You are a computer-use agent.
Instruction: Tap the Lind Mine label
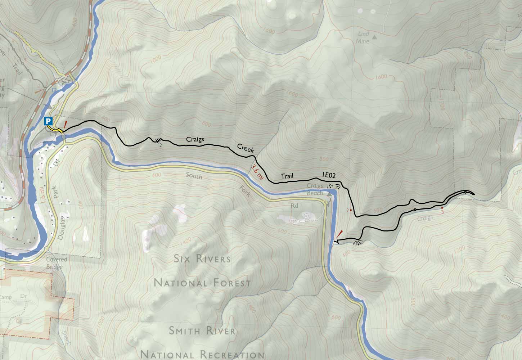click(x=364, y=37)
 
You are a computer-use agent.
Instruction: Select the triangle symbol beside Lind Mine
click(x=375, y=37)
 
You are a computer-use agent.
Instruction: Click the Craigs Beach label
click(x=315, y=189)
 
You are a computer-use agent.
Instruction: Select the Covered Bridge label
click(x=54, y=263)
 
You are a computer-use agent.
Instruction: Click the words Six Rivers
click(x=202, y=259)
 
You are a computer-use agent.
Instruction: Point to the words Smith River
click(x=202, y=330)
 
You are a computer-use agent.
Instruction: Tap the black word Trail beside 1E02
click(x=287, y=176)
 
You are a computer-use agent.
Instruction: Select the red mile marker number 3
click(x=442, y=212)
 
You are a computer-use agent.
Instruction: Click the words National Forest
click(x=202, y=283)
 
